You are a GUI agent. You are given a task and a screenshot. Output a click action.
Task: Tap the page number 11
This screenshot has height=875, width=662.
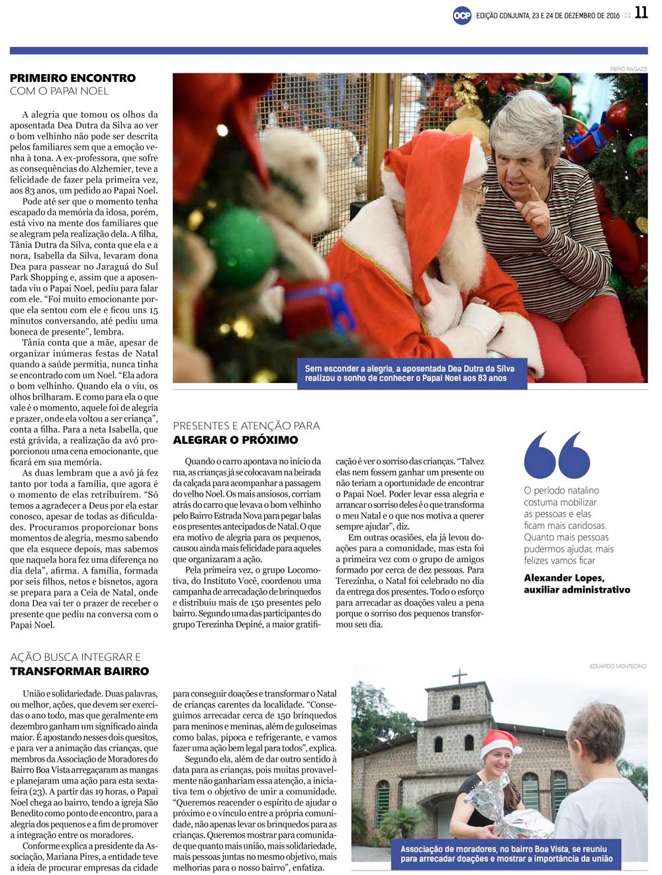tap(641, 13)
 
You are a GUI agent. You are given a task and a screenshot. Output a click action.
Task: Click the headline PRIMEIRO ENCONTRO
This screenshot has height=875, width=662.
tap(73, 78)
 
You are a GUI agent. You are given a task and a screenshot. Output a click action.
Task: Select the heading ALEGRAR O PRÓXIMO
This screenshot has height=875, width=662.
tap(236, 440)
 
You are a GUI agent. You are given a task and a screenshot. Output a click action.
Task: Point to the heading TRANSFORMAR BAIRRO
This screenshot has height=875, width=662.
tap(79, 671)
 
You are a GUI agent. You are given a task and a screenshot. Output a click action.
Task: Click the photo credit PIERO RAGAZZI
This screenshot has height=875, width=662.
tap(628, 69)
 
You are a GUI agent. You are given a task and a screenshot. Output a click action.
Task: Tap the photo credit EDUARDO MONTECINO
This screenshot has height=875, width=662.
tap(618, 666)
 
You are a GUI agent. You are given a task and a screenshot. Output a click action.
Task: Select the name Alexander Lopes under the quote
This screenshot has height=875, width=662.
tap(563, 578)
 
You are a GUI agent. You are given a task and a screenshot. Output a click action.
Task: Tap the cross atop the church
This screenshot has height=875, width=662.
tap(459, 677)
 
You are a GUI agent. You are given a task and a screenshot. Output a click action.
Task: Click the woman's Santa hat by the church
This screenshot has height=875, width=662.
tap(501, 742)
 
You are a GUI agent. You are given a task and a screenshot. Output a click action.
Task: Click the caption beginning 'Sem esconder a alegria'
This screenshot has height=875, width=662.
tap(410, 373)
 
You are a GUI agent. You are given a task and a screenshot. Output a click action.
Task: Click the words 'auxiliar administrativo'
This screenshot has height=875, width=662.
tap(577, 589)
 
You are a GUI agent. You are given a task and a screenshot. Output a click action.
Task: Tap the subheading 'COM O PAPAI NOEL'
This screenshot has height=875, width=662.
tap(59, 91)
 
